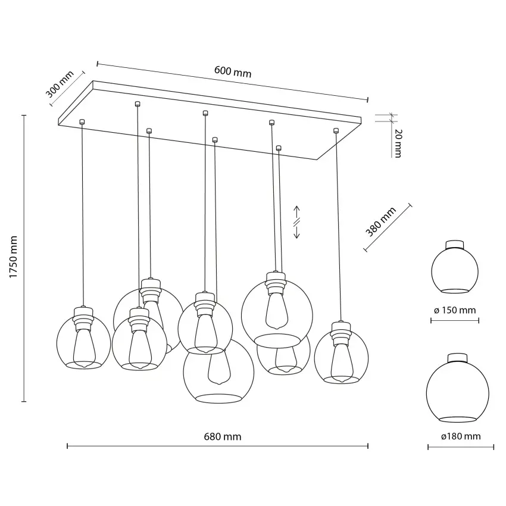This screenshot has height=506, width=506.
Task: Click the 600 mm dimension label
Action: point(233,72)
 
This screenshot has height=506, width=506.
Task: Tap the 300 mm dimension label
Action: point(60,84)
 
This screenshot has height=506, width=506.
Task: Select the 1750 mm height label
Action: point(13,257)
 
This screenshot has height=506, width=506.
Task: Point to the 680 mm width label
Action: point(223,436)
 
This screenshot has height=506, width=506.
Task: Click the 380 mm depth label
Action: point(381,222)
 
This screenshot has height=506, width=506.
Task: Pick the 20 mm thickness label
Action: point(398,143)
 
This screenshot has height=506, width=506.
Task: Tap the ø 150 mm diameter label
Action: point(455,310)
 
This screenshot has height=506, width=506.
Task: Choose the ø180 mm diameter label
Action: point(461,436)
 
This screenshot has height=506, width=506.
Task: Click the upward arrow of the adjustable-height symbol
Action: point(296,213)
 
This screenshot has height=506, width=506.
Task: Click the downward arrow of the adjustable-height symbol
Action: point(296,232)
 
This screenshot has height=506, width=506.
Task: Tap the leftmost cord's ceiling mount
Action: point(82,121)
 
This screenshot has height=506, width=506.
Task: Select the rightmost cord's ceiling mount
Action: point(336,130)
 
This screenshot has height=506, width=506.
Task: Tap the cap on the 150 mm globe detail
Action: point(455,245)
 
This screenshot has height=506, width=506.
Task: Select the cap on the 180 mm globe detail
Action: point(457,358)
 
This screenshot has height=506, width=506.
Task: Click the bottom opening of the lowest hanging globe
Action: point(219,398)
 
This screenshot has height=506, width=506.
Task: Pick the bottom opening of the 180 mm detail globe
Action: point(458,419)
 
